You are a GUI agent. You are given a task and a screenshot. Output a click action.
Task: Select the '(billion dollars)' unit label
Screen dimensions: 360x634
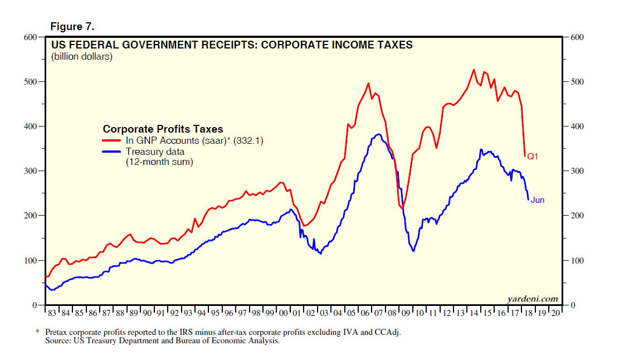coord(82,56)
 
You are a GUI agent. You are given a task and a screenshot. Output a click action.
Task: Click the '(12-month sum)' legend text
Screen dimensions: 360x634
coord(159,162)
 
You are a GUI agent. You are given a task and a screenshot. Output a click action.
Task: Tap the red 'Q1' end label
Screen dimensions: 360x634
coord(533,157)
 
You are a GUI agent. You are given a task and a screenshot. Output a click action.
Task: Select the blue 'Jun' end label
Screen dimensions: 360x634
coord(537,200)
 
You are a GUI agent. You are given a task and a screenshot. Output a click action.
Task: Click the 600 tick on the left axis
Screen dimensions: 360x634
coord(30,37)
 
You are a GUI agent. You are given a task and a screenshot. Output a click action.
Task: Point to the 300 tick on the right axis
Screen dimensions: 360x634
coord(578,171)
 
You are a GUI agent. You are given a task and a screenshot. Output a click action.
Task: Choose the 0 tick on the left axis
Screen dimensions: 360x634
coord(34,305)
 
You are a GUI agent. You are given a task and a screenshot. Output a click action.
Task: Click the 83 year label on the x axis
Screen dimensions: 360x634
coord(52,314)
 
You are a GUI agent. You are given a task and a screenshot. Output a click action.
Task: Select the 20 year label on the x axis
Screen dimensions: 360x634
coord(555,314)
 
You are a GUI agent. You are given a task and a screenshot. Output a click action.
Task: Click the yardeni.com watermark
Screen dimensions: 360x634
coord(532,299)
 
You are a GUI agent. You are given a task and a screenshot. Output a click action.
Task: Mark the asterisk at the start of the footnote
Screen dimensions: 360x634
coord(38,332)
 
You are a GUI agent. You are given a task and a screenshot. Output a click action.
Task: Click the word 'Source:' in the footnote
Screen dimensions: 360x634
coord(58,340)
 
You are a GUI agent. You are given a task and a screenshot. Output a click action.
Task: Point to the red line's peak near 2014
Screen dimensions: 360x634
coord(474,70)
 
